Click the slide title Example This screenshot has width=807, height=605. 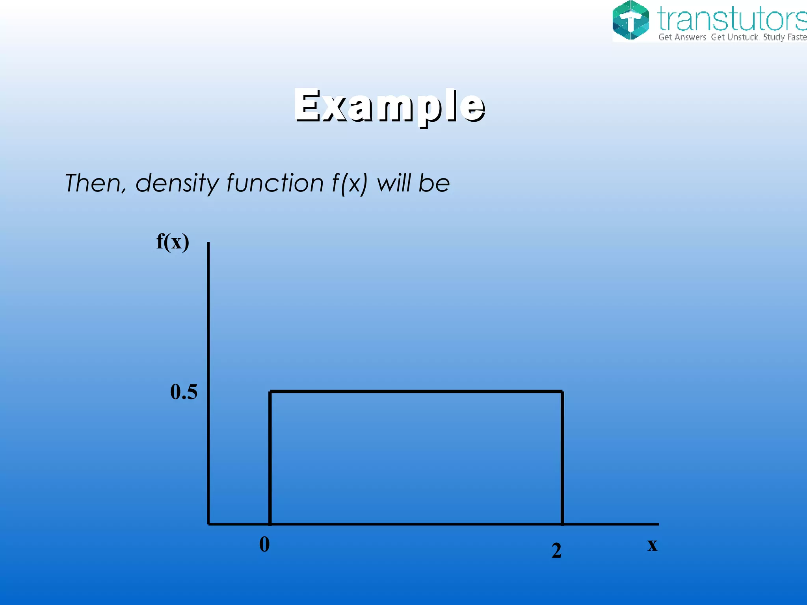click(x=389, y=106)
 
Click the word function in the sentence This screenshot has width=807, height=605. click(x=275, y=183)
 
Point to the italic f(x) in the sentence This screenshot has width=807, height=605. click(x=350, y=184)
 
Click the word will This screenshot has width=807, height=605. click(x=394, y=183)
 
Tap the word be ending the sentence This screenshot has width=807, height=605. click(x=434, y=183)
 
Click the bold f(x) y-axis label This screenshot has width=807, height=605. click(x=173, y=241)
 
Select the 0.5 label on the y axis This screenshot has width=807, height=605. click(x=184, y=392)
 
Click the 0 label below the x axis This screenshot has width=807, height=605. click(x=264, y=545)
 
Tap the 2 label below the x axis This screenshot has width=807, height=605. click(x=556, y=550)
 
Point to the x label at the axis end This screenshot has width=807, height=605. click(x=652, y=545)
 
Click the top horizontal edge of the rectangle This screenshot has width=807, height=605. click(x=416, y=392)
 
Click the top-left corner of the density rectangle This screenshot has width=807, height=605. click(x=270, y=392)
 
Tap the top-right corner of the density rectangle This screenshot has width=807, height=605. click(x=562, y=392)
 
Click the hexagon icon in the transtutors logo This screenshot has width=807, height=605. click(x=630, y=20)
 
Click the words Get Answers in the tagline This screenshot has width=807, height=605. click(x=682, y=37)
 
